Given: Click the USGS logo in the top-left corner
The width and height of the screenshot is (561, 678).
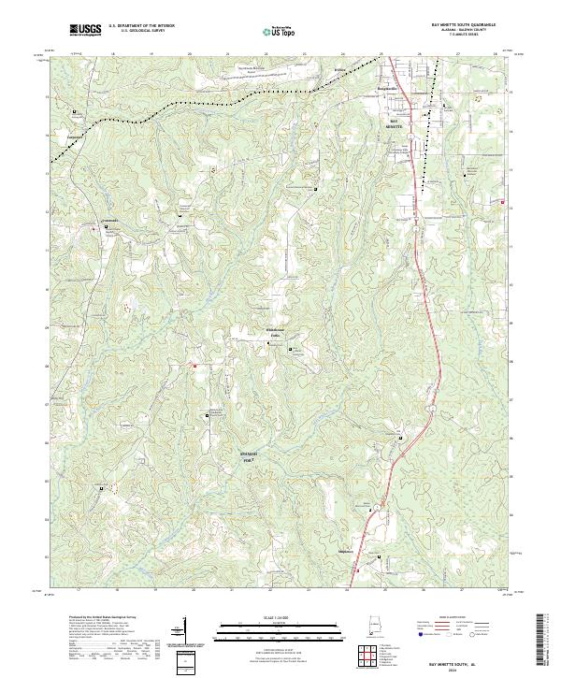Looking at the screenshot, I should click(85, 30).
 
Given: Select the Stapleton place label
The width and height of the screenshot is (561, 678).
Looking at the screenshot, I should click(371, 552).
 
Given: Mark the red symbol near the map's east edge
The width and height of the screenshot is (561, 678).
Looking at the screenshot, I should click(502, 202).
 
